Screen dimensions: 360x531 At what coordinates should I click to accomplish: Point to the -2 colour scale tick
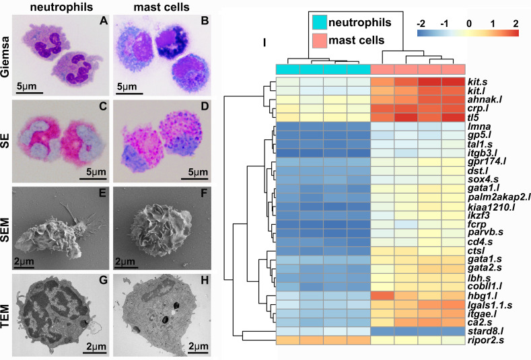(421, 22)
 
